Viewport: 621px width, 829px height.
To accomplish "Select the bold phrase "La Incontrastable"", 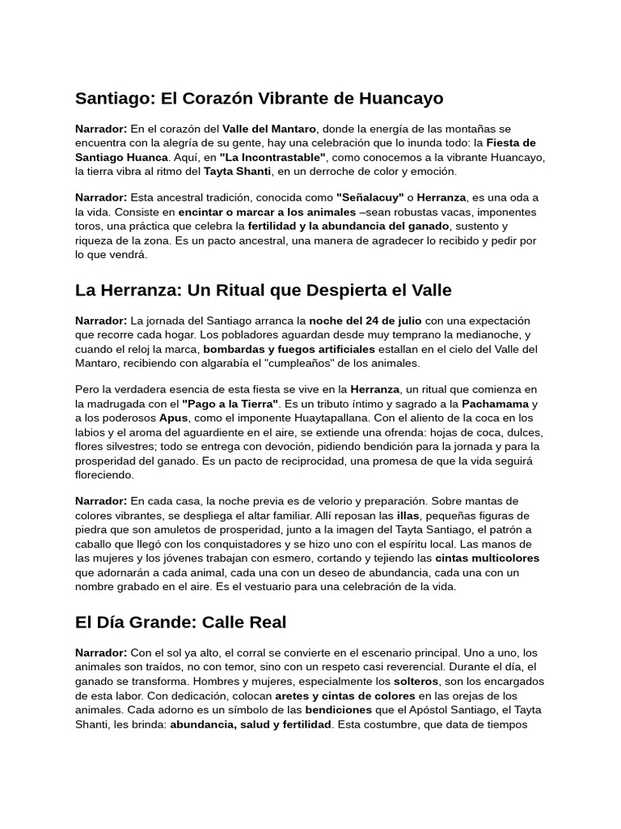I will tap(272, 157).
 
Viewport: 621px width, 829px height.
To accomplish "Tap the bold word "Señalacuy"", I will tap(370, 198).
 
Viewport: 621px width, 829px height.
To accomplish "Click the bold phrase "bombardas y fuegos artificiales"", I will tap(297, 349).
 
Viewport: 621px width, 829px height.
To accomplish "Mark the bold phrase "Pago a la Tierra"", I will tap(230, 403).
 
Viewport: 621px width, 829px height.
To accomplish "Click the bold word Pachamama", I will tap(496, 403).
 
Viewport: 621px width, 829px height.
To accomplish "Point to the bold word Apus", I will tap(173, 418).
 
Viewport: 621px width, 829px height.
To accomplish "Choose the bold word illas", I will tap(407, 515).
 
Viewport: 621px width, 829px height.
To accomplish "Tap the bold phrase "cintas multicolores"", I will tap(487, 558).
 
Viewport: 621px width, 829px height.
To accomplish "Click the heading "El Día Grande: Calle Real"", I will tap(180, 623).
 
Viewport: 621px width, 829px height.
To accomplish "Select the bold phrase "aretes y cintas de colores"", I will tap(345, 696).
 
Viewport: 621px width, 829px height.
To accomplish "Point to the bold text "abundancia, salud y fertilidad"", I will tap(251, 725).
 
